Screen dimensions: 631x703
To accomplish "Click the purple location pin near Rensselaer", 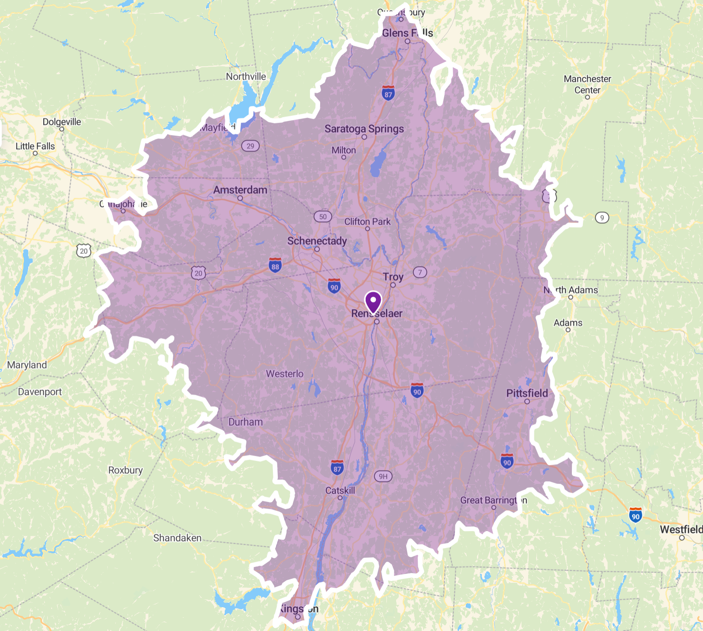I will (373, 302).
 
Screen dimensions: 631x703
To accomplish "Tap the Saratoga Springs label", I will (364, 128).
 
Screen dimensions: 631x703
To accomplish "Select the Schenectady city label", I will (317, 241).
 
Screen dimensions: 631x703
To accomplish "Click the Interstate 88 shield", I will (275, 265).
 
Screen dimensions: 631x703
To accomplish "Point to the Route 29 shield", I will (250, 146).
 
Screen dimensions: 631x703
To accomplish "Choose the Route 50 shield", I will (323, 216).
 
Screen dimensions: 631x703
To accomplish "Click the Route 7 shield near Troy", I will (420, 272).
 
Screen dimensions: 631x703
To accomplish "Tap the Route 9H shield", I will (383, 476).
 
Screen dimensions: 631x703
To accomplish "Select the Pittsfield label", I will (527, 393).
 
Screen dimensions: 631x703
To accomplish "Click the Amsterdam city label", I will (240, 190).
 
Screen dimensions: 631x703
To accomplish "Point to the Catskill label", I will (340, 490).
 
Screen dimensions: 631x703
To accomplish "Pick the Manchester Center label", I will (587, 84).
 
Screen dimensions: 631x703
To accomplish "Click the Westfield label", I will (680, 529).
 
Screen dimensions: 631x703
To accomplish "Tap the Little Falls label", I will (35, 146).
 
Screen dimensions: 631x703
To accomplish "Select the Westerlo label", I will (284, 374).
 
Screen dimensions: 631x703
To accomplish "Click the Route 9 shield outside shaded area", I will (601, 217).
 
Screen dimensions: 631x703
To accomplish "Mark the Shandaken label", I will (177, 538).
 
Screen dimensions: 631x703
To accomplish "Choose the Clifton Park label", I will (367, 221).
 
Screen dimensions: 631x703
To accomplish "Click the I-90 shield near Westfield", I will (635, 515).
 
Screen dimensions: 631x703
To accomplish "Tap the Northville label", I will (246, 76).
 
